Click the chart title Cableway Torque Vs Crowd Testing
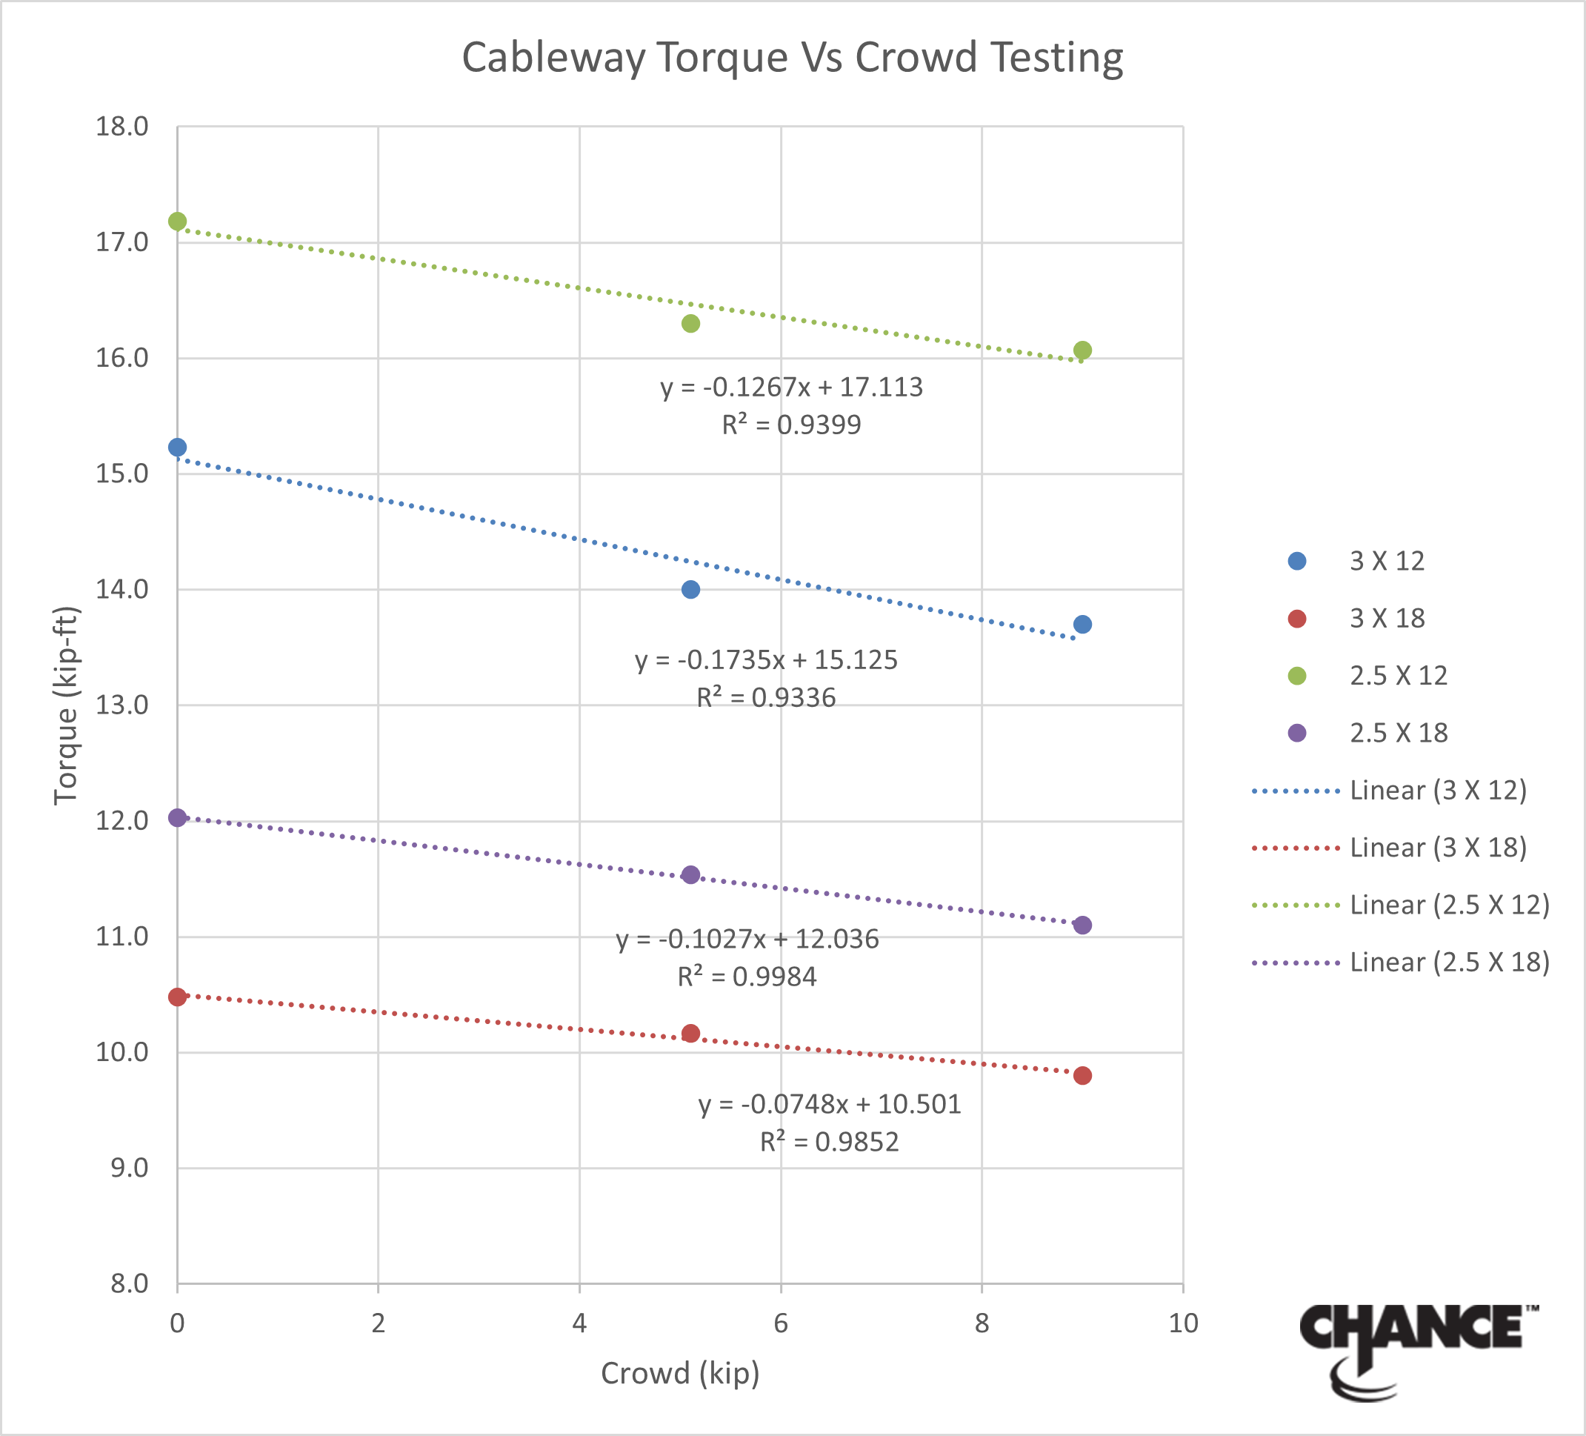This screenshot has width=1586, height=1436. [x=792, y=58]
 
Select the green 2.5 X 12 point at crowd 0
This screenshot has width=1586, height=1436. [x=178, y=221]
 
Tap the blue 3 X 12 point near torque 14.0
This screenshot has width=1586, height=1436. [x=690, y=589]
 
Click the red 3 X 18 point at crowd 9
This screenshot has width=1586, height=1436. [x=1082, y=1076]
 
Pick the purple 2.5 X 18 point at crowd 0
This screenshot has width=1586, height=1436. [x=178, y=817]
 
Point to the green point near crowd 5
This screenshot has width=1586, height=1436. [x=690, y=323]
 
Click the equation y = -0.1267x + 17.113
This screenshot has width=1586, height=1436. [x=791, y=387]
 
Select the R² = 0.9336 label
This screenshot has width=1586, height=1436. [x=766, y=697]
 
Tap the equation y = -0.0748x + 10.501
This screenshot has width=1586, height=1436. [x=830, y=1104]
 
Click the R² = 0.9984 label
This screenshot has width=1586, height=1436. [x=747, y=977]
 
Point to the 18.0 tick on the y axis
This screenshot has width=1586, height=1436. [x=122, y=126]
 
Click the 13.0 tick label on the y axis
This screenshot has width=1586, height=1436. [x=122, y=705]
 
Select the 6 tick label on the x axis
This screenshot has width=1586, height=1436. [x=781, y=1323]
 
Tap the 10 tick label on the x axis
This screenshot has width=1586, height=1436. [x=1183, y=1323]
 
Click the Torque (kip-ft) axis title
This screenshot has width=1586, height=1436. [x=66, y=706]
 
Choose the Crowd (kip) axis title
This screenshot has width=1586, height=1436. [x=681, y=1373]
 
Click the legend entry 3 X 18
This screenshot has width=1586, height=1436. [x=1387, y=619]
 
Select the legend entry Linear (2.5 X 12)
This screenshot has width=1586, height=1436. [x=1449, y=905]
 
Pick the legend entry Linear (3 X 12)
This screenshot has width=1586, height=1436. [x=1438, y=790]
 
